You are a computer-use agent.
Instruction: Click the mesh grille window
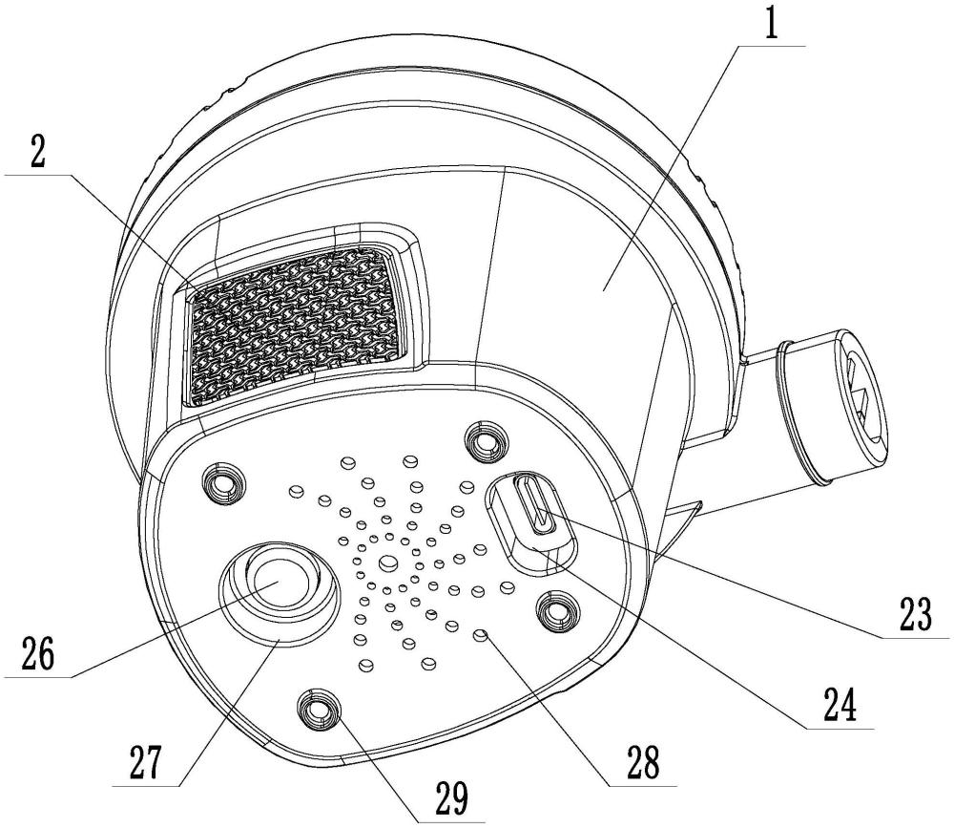[291, 320]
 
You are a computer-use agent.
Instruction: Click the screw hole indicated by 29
[318, 708]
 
